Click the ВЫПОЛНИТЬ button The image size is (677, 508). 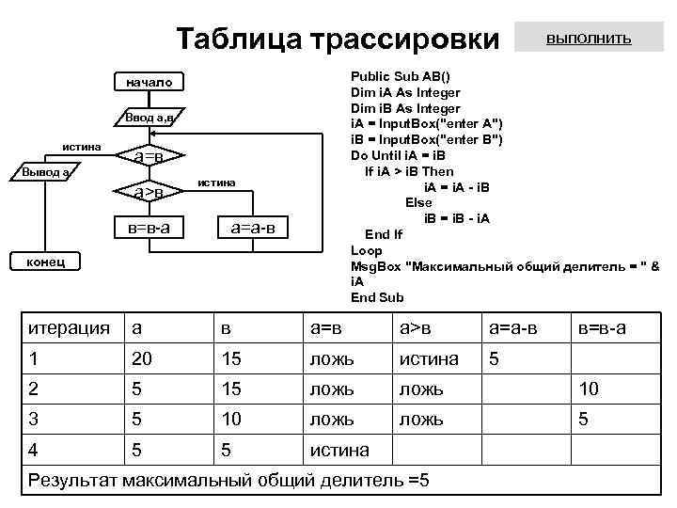click(x=590, y=40)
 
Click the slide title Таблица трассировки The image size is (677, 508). click(x=338, y=40)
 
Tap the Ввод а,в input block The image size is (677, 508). click(x=149, y=119)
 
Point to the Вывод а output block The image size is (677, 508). click(x=44, y=173)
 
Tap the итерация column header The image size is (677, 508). click(x=69, y=327)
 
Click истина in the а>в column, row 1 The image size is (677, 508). click(x=429, y=358)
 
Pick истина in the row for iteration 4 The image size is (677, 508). click(x=339, y=450)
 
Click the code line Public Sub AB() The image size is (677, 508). click(x=400, y=77)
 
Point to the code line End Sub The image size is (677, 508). click(x=377, y=297)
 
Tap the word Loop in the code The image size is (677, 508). click(x=367, y=250)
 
